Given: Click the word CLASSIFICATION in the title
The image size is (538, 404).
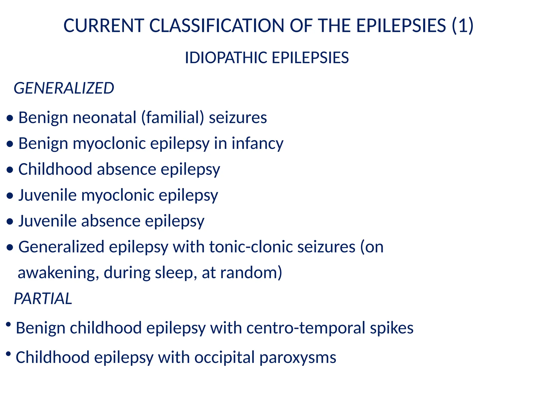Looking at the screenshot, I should coord(217,26).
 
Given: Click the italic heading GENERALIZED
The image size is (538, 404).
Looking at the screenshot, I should coord(64,88).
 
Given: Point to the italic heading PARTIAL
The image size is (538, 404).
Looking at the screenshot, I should coord(43,299).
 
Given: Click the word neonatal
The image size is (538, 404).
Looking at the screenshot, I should coord(105,117).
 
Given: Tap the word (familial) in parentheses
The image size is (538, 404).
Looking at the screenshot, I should coord(173,117).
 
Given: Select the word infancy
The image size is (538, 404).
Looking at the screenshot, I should coord(257,144).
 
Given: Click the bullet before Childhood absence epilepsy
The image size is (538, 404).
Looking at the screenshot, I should coord(10,170).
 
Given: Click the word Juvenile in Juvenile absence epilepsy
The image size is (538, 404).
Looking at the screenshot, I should coord(47,221).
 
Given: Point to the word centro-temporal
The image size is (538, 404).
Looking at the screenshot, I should coord(306,328).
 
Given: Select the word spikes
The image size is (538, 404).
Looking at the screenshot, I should coord(392,328).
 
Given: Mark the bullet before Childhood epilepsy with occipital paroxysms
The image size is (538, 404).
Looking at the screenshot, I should coord(8,354).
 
